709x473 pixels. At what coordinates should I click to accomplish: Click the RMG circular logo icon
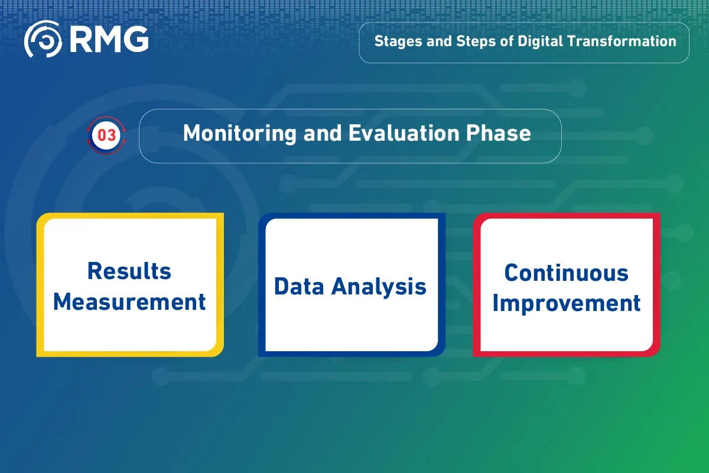[43, 39]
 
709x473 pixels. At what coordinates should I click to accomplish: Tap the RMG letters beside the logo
[109, 39]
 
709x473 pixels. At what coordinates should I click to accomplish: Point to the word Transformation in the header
[622, 41]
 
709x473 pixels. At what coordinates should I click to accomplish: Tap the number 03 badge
[106, 135]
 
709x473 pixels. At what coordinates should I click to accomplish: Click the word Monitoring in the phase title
[240, 134]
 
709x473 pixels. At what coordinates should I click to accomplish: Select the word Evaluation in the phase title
[404, 133]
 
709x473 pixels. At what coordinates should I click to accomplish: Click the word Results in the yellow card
[129, 271]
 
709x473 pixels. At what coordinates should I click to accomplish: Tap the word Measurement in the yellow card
[129, 302]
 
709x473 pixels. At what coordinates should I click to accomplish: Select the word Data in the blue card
[299, 286]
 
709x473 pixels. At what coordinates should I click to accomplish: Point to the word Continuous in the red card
[566, 273]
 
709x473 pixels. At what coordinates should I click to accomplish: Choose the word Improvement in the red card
[567, 304]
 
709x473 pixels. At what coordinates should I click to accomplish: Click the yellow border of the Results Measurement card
[40, 285]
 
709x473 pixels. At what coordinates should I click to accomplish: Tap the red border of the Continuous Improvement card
[477, 285]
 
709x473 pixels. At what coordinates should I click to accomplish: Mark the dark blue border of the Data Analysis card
[262, 285]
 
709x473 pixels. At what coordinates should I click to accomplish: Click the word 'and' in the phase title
[323, 133]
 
